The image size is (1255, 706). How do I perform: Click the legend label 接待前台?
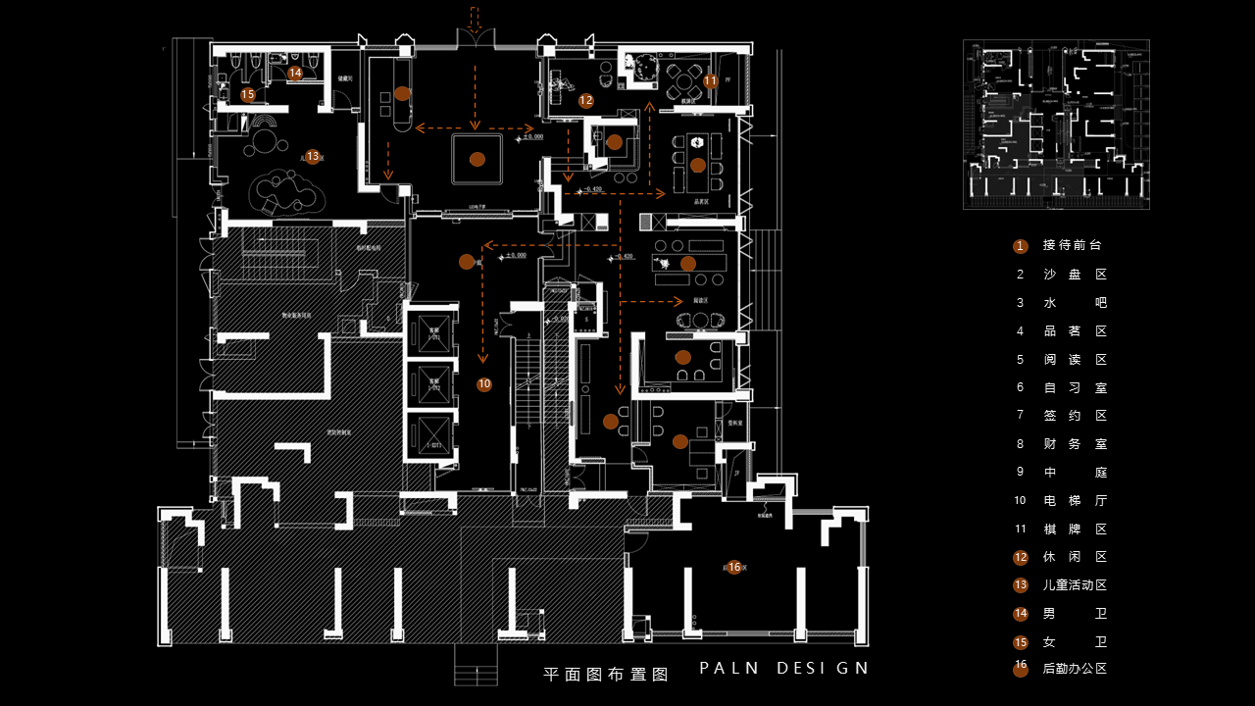point(1072,246)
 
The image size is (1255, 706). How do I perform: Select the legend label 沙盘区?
point(1075,275)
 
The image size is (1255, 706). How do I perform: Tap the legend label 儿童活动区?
point(1075,585)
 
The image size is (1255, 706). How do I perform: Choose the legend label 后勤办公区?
point(1075,670)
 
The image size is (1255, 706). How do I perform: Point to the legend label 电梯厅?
point(1075,501)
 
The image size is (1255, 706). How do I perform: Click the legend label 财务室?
point(1075,444)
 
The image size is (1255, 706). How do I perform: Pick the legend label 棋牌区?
point(1075,529)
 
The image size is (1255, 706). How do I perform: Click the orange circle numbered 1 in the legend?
point(1021,246)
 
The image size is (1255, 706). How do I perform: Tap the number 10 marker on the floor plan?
point(484,384)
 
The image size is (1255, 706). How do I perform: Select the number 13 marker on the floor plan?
point(312,156)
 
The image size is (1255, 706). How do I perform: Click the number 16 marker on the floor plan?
point(734,567)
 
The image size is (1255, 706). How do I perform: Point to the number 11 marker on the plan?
point(711,80)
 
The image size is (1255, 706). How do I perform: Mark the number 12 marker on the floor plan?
point(586,100)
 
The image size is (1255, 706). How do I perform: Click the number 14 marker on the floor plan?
point(295,73)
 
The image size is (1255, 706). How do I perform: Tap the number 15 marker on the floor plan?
point(248,94)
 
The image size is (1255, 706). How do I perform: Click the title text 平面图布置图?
point(605,675)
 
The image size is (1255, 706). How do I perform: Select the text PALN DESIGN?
point(783,669)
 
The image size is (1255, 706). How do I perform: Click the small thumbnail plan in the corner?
point(1056,124)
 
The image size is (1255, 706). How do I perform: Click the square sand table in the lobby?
point(477,159)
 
